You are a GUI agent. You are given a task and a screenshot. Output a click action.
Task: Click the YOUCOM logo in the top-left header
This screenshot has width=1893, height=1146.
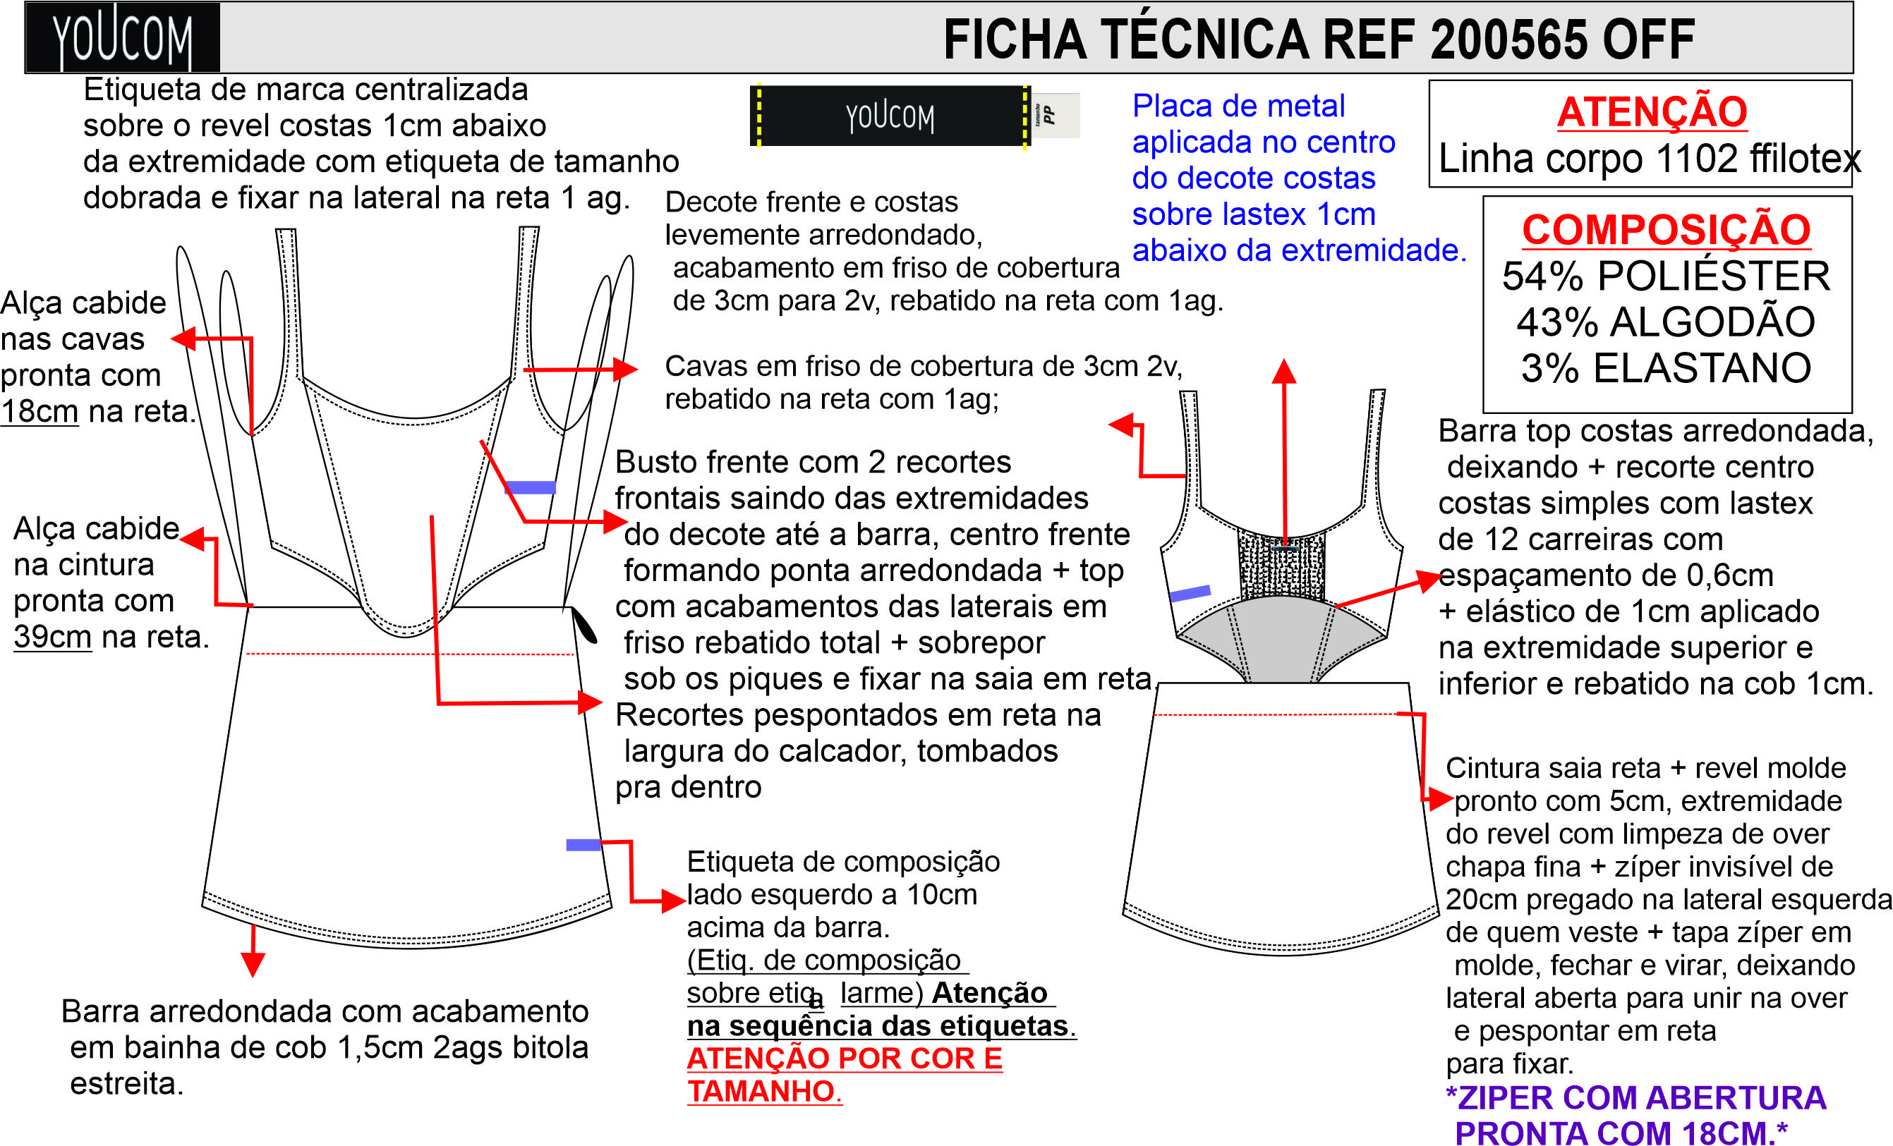point(122,37)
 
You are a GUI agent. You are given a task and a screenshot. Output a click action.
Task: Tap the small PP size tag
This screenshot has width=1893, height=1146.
point(1055,115)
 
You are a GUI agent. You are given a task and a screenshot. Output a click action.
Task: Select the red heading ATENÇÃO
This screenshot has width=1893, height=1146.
point(1652,111)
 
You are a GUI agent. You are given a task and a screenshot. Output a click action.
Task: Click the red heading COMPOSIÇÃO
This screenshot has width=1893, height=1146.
point(1667,229)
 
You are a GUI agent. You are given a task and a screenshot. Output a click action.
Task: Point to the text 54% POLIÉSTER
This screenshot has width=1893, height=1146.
point(1667,276)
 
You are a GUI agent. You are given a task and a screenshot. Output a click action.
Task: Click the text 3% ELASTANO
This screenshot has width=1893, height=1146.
point(1667,368)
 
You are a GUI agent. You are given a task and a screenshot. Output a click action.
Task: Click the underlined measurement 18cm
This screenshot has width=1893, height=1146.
point(40,411)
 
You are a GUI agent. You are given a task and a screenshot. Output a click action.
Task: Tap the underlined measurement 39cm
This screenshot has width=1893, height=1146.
point(52,637)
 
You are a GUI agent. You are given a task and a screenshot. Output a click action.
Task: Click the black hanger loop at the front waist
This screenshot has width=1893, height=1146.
point(584,623)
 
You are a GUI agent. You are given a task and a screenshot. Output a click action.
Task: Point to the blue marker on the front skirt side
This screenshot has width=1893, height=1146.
point(583,845)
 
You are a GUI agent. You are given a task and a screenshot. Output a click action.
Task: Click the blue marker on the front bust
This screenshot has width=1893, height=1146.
point(530,487)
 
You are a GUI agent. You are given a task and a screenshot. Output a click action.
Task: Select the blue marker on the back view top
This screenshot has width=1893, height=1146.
point(1190,593)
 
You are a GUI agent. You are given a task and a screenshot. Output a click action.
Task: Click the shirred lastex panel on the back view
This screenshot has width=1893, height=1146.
point(1281,565)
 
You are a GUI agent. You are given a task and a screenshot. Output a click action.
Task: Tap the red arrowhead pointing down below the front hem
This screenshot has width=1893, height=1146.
point(253,964)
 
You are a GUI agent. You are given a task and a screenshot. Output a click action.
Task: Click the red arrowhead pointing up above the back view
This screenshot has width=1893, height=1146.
point(1284,372)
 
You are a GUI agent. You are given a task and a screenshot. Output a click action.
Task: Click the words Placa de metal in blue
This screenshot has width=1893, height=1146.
point(1238,105)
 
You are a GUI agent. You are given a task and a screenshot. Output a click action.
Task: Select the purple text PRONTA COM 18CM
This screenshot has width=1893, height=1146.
point(1622,1132)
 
